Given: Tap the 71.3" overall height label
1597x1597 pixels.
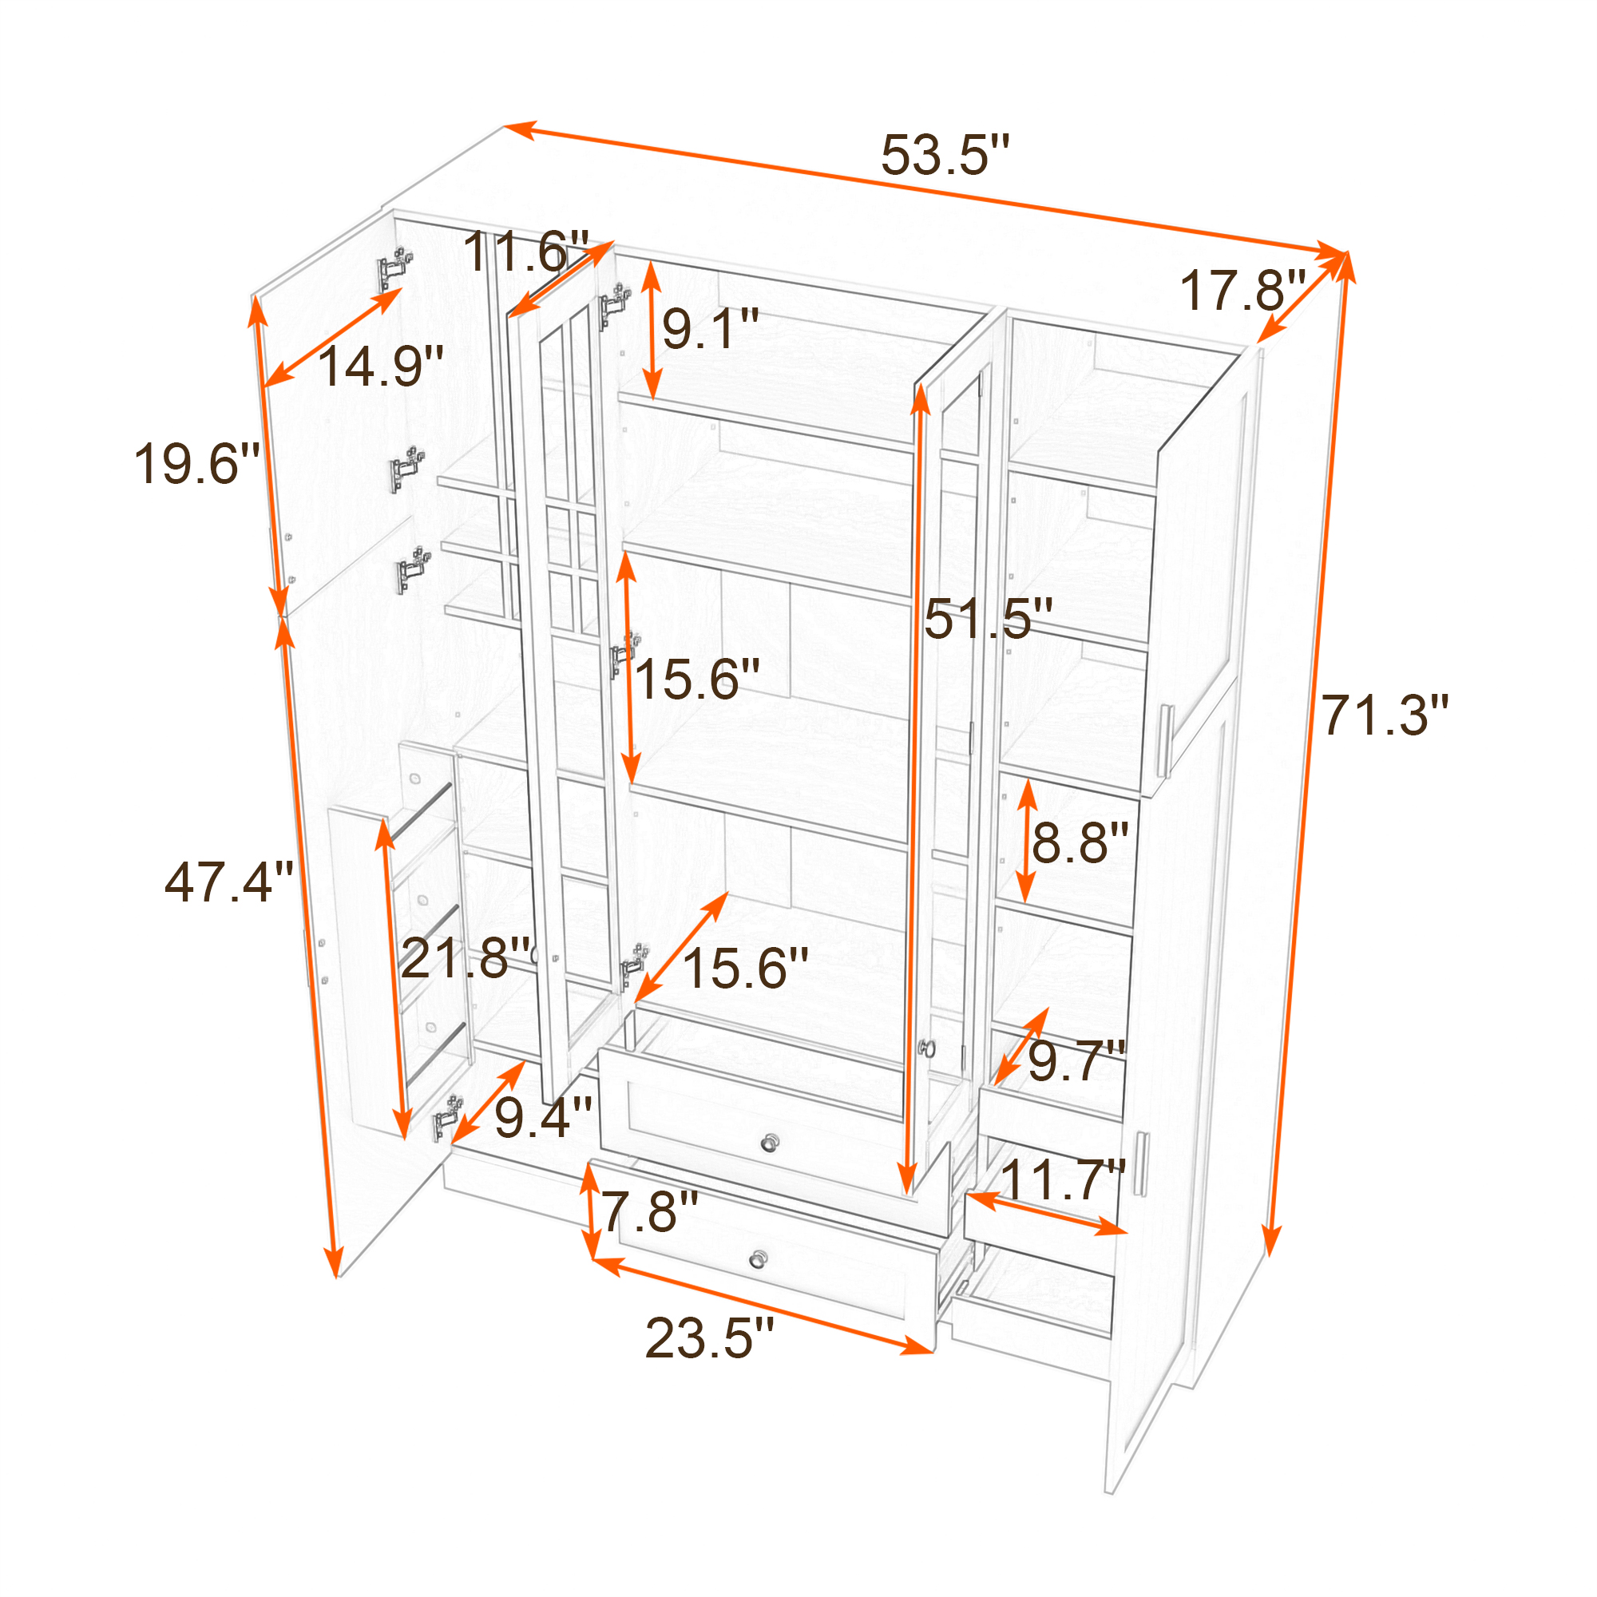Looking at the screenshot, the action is (x=1385, y=715).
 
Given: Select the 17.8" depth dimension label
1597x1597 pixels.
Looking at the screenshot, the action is (x=1242, y=291).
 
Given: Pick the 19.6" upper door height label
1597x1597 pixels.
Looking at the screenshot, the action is (x=196, y=463).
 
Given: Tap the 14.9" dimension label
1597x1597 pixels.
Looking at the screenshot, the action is (x=380, y=366).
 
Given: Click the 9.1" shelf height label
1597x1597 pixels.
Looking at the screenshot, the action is (x=711, y=328).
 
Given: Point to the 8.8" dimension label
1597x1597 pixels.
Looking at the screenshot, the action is (x=1080, y=843).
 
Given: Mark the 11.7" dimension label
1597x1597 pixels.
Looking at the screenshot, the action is (x=1064, y=1179).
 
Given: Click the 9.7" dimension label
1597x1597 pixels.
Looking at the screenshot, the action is (x=1078, y=1060).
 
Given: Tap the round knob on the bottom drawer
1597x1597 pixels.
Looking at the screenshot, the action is (x=759, y=1260).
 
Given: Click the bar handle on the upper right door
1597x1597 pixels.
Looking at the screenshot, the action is (x=1166, y=742).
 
